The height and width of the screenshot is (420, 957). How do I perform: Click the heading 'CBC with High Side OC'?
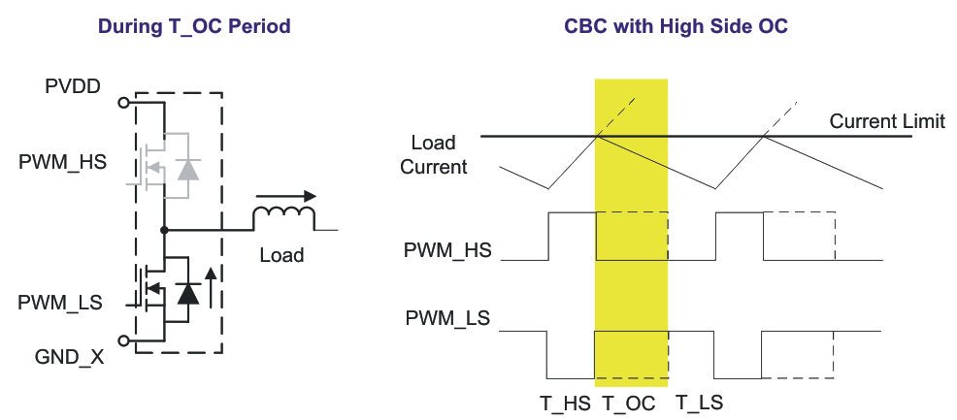coord(676,26)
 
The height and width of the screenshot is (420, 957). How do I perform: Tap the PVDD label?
coord(73,87)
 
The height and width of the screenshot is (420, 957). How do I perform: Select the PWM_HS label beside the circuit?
coord(63,160)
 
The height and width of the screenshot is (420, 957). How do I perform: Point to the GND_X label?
coord(71,356)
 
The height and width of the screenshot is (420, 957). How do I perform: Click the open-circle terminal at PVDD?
coord(123,102)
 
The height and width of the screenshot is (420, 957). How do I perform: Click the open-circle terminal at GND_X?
coord(123,340)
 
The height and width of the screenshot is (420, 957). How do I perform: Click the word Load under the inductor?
coord(281,256)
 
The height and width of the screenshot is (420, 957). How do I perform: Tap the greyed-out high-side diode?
coord(188,169)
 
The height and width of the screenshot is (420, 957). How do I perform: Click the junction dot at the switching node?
coord(165,230)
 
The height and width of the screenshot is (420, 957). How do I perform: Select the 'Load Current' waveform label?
coord(434,155)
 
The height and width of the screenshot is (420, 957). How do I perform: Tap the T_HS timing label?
coord(565,403)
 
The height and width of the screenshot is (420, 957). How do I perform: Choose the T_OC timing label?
coord(629,403)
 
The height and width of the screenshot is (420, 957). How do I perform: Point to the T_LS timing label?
coord(699,403)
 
